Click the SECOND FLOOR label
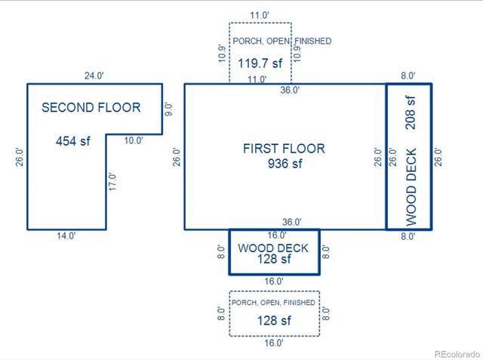pos(91,107)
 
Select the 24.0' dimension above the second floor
pos(94,75)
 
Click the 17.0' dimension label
pos(112,182)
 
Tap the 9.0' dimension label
pos(170,109)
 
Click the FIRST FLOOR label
pos(284,149)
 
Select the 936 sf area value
pos(285,164)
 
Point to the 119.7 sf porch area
pos(260,63)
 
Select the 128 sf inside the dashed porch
pos(275,320)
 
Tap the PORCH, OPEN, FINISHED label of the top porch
pos(281,42)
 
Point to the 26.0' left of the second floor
pos(20,156)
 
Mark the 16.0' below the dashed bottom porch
pos(274,343)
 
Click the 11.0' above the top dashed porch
pos(260,14)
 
